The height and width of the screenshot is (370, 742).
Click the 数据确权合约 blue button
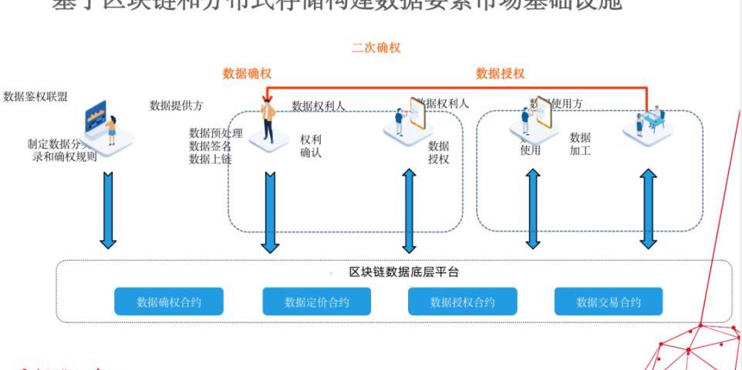pos(169,301)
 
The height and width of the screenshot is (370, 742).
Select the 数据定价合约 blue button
pos(316,301)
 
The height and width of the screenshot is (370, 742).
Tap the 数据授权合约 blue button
pos(462,301)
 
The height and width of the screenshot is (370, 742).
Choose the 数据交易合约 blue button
pos(608,301)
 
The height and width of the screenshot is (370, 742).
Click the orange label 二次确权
pos(376,48)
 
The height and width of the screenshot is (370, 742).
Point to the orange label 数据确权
pos(247,74)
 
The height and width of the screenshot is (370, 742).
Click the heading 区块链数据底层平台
pos(404,272)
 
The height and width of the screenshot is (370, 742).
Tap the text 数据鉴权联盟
pos(35,97)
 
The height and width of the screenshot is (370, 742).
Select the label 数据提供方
pos(177,106)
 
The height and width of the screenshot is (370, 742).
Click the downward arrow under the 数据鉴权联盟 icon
pos(108,210)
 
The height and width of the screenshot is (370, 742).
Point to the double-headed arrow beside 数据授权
pos(409,209)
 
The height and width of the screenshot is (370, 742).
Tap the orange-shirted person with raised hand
pos(268,123)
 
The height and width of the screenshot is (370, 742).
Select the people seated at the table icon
pos(648,123)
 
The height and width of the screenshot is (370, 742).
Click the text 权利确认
pos(311,146)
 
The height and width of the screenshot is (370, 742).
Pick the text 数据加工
pos(580,144)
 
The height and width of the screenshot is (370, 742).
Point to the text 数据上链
pos(210,160)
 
